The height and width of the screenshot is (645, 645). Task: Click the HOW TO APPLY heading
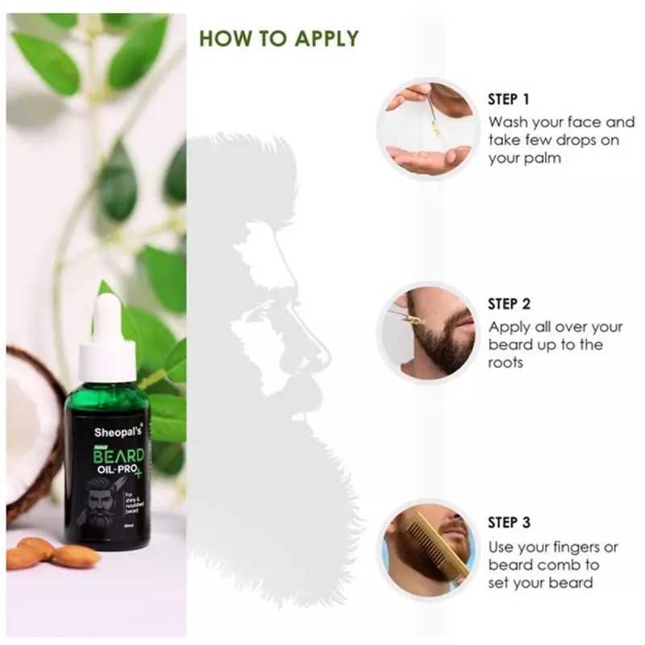tap(278, 38)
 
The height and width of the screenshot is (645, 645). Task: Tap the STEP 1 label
tap(509, 100)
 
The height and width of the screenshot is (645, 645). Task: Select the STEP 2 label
tap(510, 304)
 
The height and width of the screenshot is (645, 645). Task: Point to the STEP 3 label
tap(510, 523)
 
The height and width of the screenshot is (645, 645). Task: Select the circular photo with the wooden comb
tap(427, 549)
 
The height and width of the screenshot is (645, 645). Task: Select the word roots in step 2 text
tap(506, 363)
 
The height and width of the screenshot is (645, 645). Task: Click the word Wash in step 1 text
tap(509, 123)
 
